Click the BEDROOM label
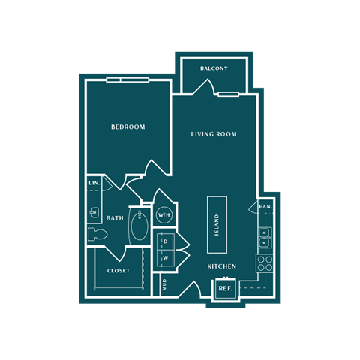tap(127, 127)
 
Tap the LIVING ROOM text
tap(214, 135)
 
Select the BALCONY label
tap(214, 68)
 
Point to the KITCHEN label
tap(222, 266)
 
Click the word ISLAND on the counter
tap(217, 223)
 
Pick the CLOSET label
tap(118, 271)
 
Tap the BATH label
tap(115, 219)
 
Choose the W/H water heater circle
tap(163, 214)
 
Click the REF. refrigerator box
tap(225, 288)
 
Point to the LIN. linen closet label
tap(94, 184)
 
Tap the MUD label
tap(165, 284)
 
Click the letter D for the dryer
tap(165, 241)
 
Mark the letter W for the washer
tap(165, 258)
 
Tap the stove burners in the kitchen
tap(265, 263)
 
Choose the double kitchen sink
tap(265, 237)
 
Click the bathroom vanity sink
tap(94, 212)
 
